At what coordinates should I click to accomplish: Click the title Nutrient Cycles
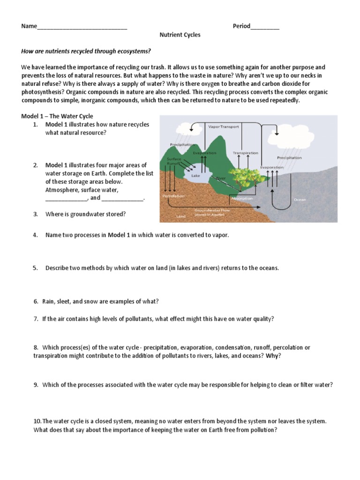(x=180, y=35)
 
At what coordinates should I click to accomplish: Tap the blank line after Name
(x=82, y=27)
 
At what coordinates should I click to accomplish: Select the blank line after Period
(x=265, y=27)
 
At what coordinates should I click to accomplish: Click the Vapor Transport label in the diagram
(x=224, y=127)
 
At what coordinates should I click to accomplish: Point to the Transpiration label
(x=245, y=153)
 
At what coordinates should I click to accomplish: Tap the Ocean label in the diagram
(x=300, y=200)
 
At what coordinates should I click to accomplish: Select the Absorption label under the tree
(x=242, y=198)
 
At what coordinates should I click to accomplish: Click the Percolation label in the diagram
(x=173, y=195)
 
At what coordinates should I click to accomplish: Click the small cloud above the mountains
(x=180, y=127)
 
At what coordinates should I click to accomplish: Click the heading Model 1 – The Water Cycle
(x=57, y=116)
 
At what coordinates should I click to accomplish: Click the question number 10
(x=37, y=421)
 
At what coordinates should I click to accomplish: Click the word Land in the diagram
(x=181, y=217)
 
